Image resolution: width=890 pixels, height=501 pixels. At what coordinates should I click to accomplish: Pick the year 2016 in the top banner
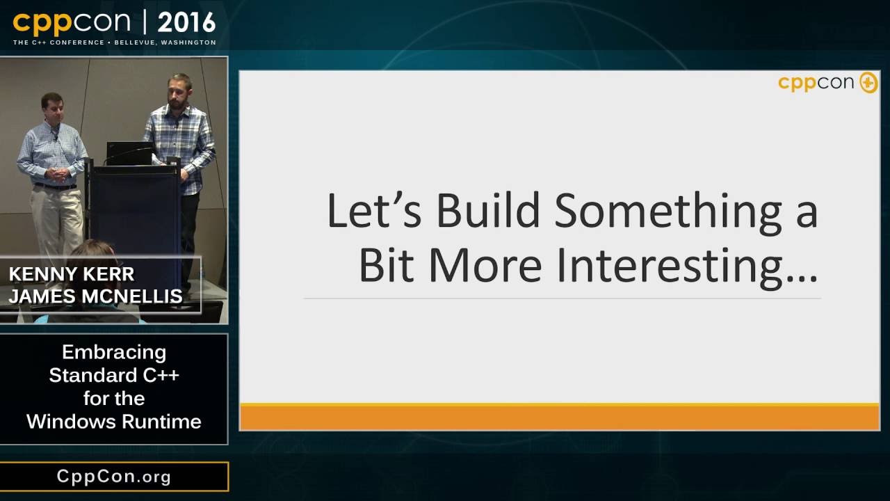pyautogui.click(x=186, y=23)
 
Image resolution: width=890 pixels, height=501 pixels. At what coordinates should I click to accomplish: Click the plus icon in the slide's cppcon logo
pyautogui.click(x=868, y=83)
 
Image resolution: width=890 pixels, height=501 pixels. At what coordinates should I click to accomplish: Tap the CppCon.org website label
pyautogui.click(x=114, y=477)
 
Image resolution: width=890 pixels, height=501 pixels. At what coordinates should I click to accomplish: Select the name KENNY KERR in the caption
pyautogui.click(x=72, y=274)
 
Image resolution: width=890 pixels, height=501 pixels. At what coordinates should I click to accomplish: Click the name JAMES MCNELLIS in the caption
pyautogui.click(x=96, y=296)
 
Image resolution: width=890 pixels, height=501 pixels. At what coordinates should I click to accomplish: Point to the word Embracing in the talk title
pyautogui.click(x=114, y=352)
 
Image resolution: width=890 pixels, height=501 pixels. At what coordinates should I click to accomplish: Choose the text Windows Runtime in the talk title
pyautogui.click(x=114, y=422)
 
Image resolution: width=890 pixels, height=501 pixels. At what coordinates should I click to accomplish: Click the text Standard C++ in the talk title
pyautogui.click(x=114, y=376)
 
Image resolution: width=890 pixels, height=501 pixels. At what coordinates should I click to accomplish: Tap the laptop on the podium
pyautogui.click(x=129, y=153)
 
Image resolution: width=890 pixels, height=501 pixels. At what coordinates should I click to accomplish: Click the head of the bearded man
pyautogui.click(x=180, y=88)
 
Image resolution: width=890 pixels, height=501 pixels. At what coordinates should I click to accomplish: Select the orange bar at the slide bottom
pyautogui.click(x=559, y=417)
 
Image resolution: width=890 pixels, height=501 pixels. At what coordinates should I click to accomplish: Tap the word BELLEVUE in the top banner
pyautogui.click(x=136, y=42)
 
